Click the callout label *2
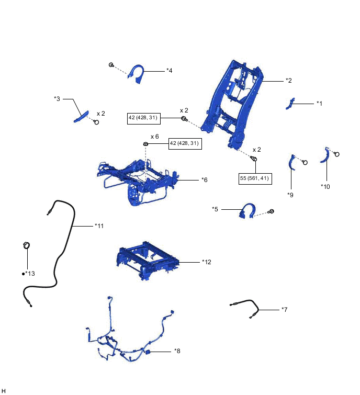point(288,81)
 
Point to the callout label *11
point(99,226)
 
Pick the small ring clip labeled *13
point(26,245)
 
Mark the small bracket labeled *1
point(289,103)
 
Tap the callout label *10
point(325,186)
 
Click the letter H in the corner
point(4,390)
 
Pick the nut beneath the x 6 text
point(147,144)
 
